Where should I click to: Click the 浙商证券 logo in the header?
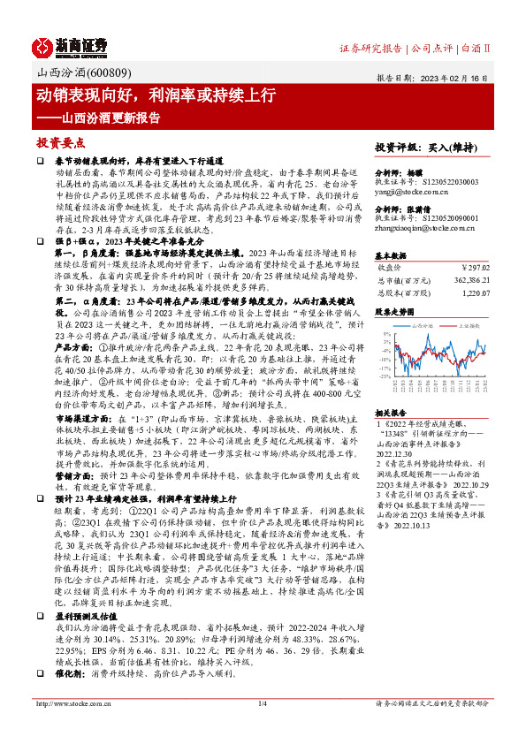point(71,45)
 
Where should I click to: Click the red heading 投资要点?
point(59,141)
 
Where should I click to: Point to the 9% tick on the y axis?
point(385,335)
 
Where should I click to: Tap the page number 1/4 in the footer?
point(263,703)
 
